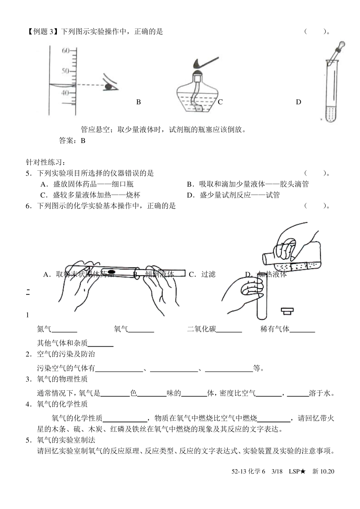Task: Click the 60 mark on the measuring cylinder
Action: tap(66, 50)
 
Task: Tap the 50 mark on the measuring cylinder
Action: tap(66, 71)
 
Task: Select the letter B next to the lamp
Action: tap(139, 102)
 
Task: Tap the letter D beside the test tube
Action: tap(298, 102)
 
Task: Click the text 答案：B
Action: tap(72, 141)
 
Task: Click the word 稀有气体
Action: tap(275, 329)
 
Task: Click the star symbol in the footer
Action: tap(302, 471)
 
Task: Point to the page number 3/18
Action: tap(277, 471)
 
